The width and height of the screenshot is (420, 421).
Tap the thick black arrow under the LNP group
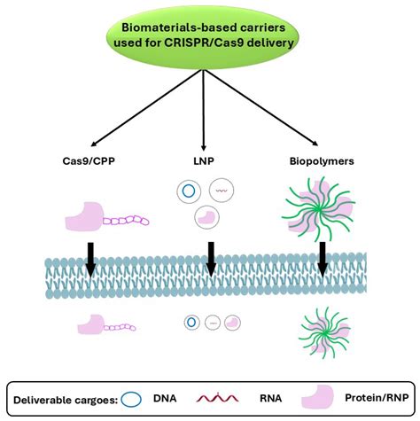pos(210,257)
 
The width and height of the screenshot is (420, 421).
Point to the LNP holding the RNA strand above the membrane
pos(222,189)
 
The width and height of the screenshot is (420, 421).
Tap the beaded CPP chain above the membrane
pos(124,219)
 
